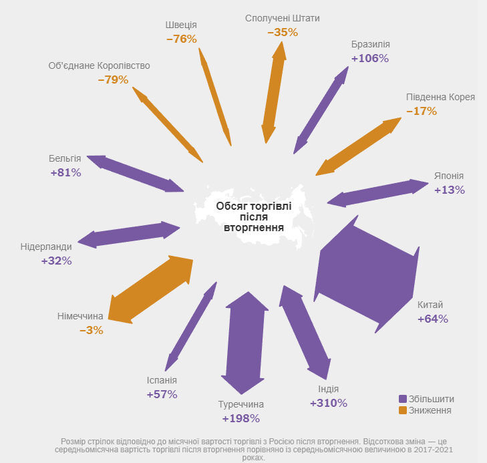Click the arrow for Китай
367,274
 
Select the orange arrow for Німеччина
150,289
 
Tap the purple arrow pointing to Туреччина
245,343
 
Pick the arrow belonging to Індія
305,332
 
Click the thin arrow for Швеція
215,97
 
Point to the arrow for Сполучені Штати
274,92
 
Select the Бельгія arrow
135,174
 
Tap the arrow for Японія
377,193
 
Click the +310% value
329,403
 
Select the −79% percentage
113,80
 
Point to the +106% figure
370,58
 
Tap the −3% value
92,330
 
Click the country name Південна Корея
440,97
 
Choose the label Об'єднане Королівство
99,65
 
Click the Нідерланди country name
46,247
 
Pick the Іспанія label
162,380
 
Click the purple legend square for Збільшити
403,399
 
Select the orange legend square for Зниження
403,410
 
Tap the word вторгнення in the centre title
254,228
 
